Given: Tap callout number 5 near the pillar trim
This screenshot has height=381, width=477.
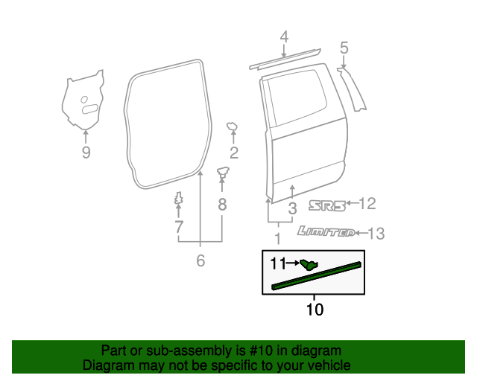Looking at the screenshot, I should pos(344,48).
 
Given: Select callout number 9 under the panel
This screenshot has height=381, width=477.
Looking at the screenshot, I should pos(86,153).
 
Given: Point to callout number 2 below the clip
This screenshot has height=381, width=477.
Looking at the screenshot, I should pos(233,154).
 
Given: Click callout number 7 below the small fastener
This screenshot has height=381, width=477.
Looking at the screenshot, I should pos(179,225).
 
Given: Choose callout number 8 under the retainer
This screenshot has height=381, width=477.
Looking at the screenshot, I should pos(221,205).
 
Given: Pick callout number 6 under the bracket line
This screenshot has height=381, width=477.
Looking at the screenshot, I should pos(200,260).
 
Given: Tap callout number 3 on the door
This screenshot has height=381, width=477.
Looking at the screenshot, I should pos(293,208).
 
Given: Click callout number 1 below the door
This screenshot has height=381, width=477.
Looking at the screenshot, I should pos(278,239).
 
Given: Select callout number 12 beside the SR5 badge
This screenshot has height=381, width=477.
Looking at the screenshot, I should pos(367,204).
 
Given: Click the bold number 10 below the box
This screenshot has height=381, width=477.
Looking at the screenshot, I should pos(315,309).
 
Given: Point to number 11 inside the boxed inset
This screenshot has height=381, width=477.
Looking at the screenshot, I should pos(278,263).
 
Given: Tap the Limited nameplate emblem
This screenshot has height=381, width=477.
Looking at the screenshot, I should pos(326,232).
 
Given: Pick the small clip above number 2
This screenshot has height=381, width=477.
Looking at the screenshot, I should pos(232,127).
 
